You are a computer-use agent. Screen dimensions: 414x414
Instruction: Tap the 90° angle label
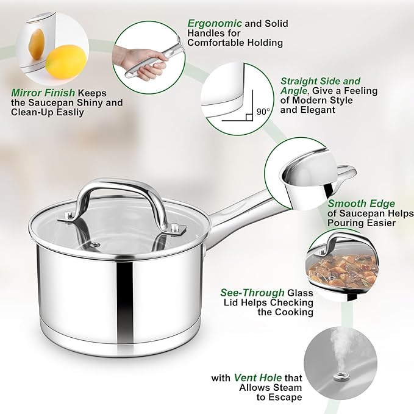coord(263,112)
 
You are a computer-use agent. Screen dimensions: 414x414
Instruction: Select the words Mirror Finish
coord(40,93)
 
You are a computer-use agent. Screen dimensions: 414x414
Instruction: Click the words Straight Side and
coord(320,81)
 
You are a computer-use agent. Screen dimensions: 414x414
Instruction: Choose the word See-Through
coord(252,293)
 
